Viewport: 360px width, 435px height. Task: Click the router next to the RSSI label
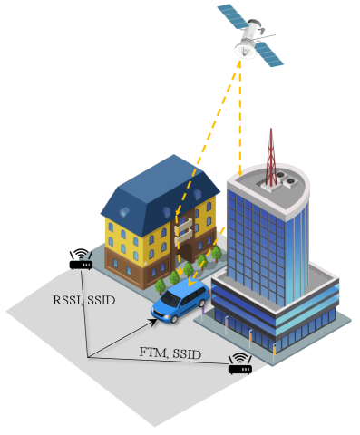click(80, 265)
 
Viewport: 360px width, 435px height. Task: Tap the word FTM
click(152, 352)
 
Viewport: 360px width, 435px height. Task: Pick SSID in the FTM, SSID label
click(187, 352)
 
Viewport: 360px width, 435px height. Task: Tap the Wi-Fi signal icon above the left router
click(80, 253)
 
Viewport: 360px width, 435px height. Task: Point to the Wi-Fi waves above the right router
click(239, 357)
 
